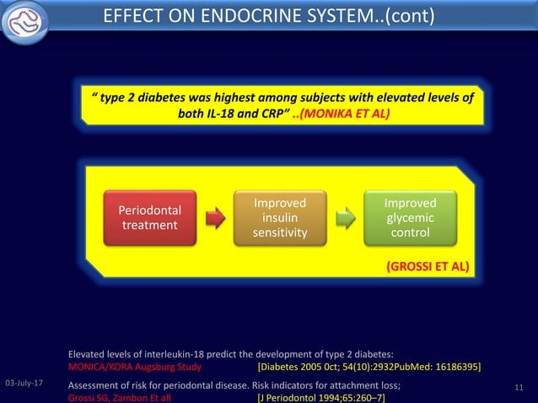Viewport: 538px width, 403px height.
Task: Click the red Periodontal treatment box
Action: [x=148, y=218]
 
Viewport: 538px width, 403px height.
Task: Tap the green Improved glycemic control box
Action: [x=410, y=218]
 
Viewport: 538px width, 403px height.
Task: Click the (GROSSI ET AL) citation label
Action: [x=428, y=267]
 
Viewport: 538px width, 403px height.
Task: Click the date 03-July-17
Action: [x=25, y=384]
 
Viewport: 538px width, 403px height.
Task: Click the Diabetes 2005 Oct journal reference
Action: [x=369, y=368]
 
